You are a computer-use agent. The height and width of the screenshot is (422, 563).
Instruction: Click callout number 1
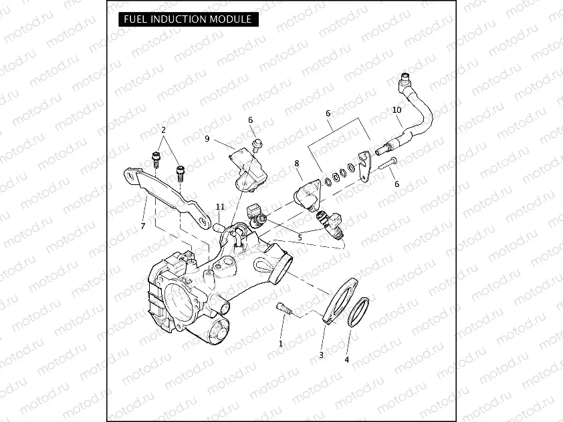[x=281, y=343]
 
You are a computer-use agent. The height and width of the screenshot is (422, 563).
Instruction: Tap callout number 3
[x=321, y=355]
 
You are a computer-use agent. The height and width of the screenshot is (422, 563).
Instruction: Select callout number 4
[x=346, y=360]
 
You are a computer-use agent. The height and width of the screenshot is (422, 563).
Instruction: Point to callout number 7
[x=142, y=226]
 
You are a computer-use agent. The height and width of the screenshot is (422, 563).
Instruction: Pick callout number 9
[x=207, y=139]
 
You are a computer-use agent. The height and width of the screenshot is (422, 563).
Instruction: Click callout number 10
[x=397, y=110]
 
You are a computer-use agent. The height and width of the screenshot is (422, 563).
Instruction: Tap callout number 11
[x=220, y=207]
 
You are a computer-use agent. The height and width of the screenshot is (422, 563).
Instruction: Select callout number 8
[x=297, y=163]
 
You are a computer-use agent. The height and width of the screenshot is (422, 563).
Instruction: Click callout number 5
[x=300, y=236]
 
